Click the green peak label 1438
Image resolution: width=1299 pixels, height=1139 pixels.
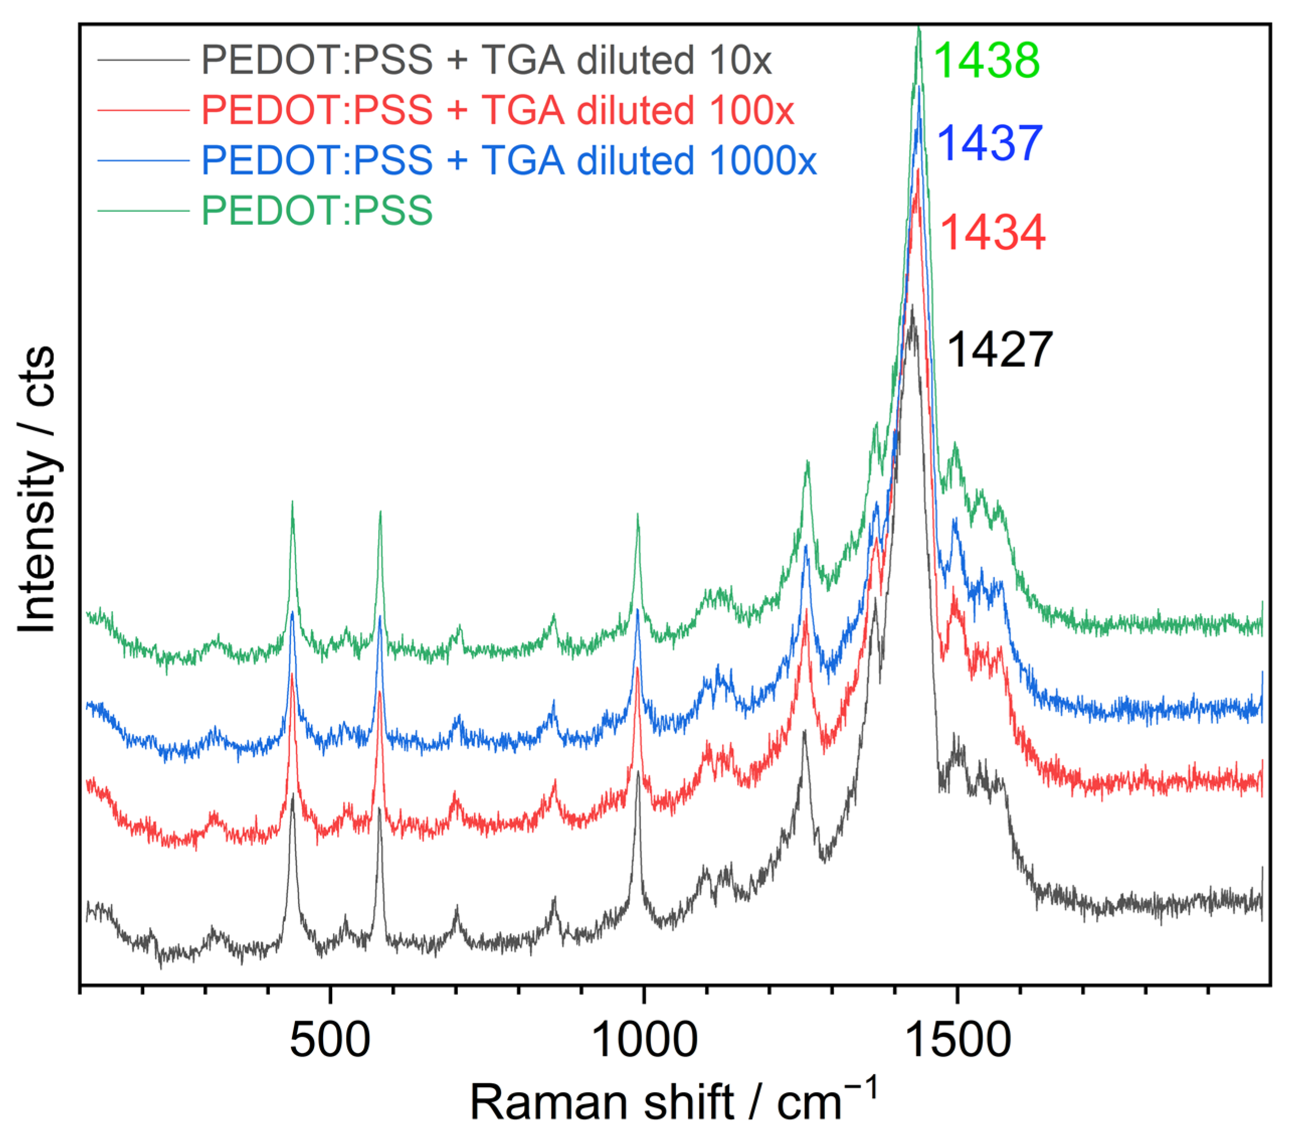pos(986,60)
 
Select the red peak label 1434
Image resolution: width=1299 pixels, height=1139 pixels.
pos(992,232)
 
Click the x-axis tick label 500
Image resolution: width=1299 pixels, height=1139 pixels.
pos(330,1040)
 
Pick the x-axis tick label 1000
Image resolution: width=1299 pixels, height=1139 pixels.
pos(644,1040)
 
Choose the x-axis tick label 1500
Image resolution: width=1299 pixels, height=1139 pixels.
pos(957,1040)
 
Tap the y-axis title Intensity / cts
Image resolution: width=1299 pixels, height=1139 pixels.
pos(37,490)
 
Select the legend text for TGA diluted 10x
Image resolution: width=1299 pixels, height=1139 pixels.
pos(486,60)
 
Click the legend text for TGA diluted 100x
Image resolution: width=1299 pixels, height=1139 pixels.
pos(497,110)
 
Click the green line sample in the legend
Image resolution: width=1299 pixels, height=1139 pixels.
pos(144,211)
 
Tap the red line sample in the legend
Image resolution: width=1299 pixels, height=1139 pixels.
pos(144,110)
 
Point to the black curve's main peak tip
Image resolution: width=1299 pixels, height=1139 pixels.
pos(912,307)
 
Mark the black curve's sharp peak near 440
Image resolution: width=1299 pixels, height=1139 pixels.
pos(292,795)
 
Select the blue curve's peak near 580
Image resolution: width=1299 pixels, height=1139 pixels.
pos(380,615)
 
